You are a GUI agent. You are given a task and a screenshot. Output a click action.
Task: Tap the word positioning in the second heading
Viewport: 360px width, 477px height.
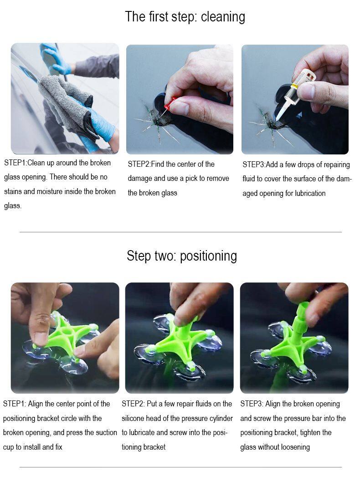click(208, 256)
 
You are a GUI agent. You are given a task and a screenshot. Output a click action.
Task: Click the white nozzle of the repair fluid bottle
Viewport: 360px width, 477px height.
click(283, 108)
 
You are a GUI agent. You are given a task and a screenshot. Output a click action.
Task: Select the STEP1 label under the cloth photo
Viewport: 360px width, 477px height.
click(15, 163)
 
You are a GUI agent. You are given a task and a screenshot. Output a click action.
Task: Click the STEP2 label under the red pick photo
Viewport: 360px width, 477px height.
click(139, 164)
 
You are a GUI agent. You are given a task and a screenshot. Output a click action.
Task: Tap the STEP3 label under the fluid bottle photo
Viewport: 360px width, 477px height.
click(253, 164)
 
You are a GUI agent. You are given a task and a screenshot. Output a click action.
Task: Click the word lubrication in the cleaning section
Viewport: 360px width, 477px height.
click(310, 193)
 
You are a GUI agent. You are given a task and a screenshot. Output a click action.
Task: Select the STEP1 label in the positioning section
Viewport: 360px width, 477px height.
click(14, 404)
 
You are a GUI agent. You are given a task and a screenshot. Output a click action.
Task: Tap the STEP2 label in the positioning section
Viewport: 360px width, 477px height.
click(133, 404)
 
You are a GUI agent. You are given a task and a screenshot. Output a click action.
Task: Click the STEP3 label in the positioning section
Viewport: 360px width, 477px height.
click(252, 404)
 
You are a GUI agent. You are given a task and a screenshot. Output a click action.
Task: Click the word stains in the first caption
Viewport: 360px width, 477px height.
click(13, 191)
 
